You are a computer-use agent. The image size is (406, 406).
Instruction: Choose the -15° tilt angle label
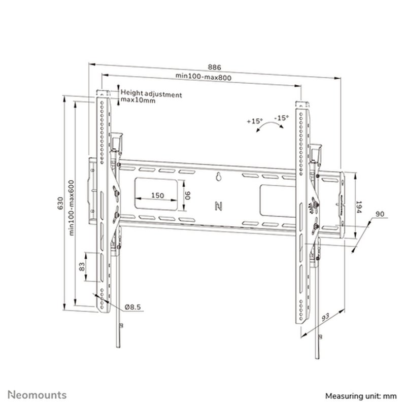pos(281,118)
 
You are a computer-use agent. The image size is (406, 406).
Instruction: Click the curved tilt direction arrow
pos(267,127)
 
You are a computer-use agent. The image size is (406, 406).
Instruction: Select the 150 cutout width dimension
pos(157,196)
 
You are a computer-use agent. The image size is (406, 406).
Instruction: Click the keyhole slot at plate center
pos(218,178)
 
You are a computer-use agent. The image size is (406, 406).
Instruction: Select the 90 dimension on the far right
pos(380,214)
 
